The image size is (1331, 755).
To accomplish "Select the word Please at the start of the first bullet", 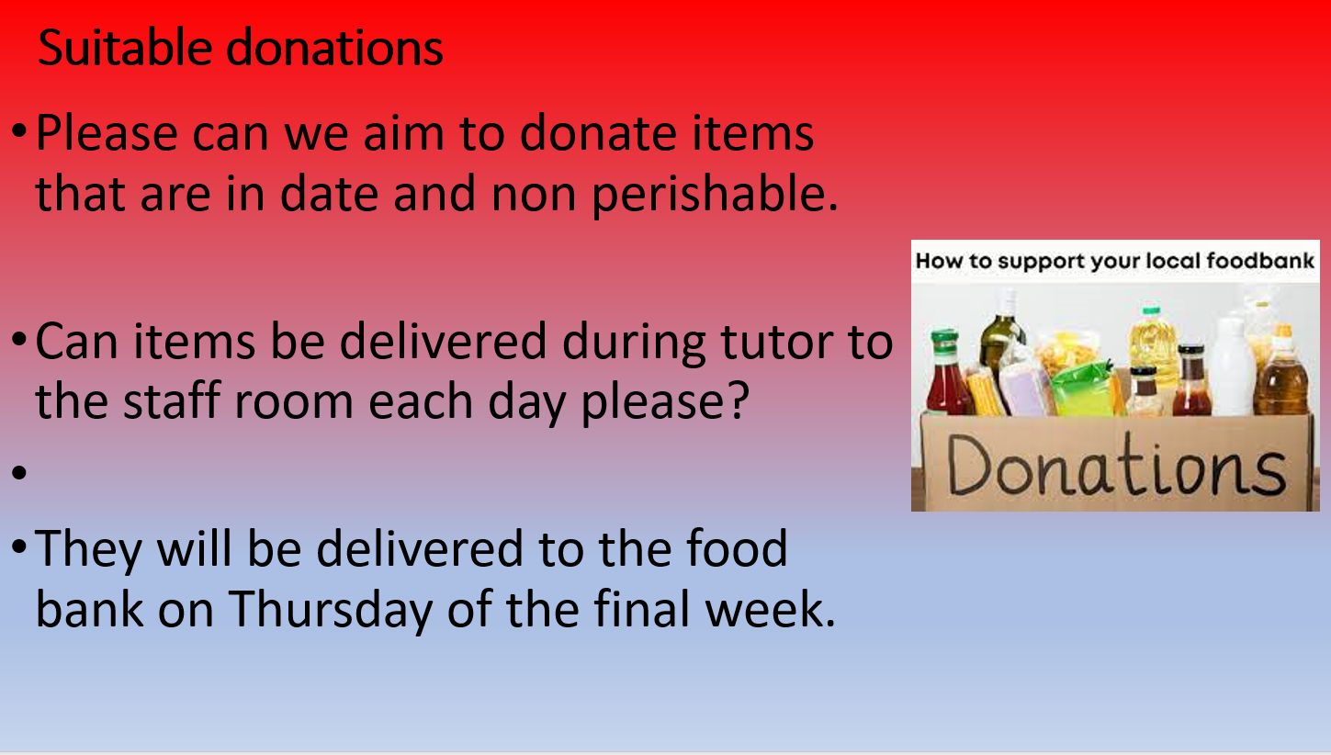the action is (x=107, y=133).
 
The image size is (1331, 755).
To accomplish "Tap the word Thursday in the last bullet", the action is (x=331, y=610).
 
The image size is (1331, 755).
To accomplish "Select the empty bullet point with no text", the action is (x=19, y=473).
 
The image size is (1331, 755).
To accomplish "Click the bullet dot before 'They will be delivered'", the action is (x=19, y=547).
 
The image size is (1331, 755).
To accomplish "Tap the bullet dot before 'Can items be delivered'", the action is (x=19, y=340).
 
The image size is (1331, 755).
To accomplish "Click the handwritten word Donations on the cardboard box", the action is (x=1116, y=468).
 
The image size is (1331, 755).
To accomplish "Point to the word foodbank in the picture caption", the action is (x=1259, y=260).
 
